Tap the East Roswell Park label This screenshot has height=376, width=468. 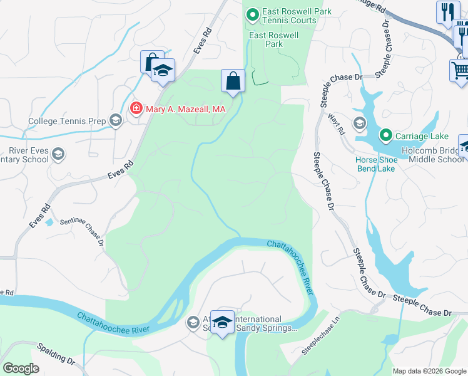[274, 40]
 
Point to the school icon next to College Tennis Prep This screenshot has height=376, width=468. [115, 120]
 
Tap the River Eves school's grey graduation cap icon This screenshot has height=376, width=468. [58, 154]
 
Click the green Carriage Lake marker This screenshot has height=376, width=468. [385, 135]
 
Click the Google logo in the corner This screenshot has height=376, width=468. [21, 368]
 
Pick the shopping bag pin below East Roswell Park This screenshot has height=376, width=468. [233, 81]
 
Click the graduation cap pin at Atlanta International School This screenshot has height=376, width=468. [222, 322]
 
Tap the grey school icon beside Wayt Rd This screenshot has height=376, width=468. [359, 123]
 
